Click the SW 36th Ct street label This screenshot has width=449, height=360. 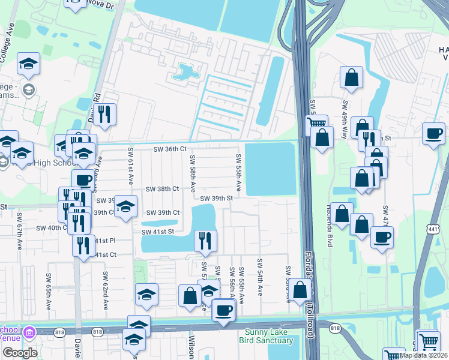(170, 149)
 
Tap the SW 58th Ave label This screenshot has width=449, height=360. (193, 174)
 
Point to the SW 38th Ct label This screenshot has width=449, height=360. (163, 188)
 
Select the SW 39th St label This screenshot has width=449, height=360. (216, 198)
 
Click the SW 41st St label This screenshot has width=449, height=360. (157, 232)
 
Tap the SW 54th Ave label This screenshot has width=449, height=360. (260, 277)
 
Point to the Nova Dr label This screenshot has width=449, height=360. (103, 4)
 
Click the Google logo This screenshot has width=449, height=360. (19, 352)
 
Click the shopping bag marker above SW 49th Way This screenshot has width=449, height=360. (352, 77)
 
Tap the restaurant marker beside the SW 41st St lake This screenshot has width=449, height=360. (205, 241)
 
